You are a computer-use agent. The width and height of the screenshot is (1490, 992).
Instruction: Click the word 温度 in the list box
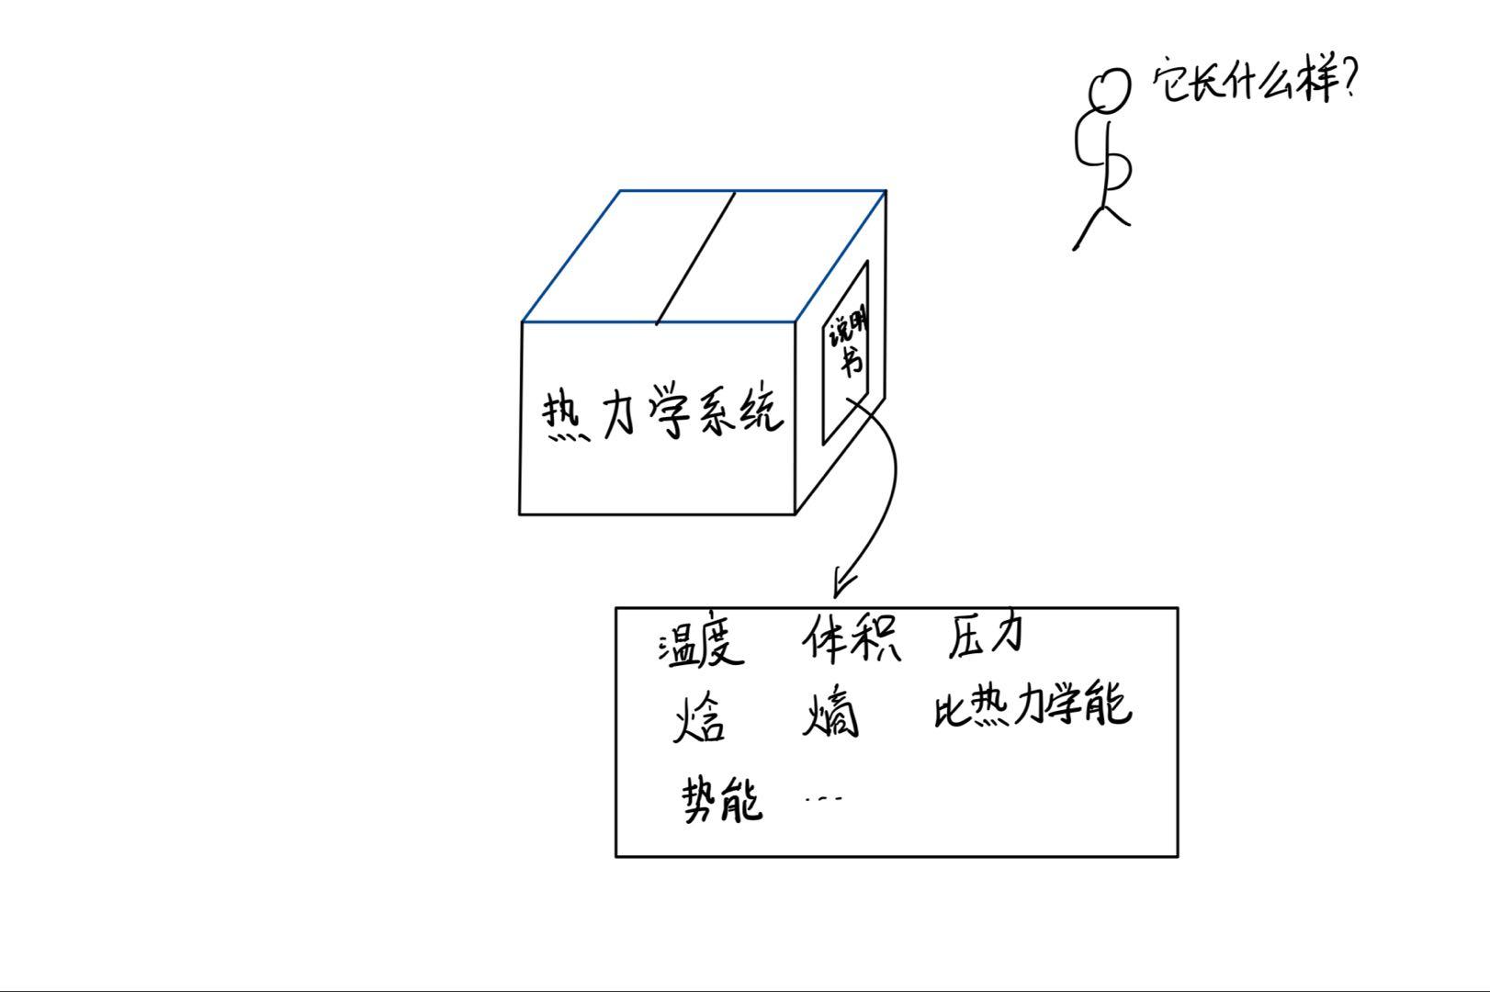700,640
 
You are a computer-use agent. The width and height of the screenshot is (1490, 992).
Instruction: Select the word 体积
852,637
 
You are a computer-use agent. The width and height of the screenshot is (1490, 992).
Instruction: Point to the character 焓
698,717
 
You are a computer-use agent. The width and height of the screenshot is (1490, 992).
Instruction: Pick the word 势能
722,799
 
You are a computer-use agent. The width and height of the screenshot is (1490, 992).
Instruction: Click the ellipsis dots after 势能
823,798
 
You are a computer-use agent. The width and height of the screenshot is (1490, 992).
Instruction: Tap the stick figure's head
1109,91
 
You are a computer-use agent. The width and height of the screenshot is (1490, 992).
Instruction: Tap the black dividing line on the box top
695,258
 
